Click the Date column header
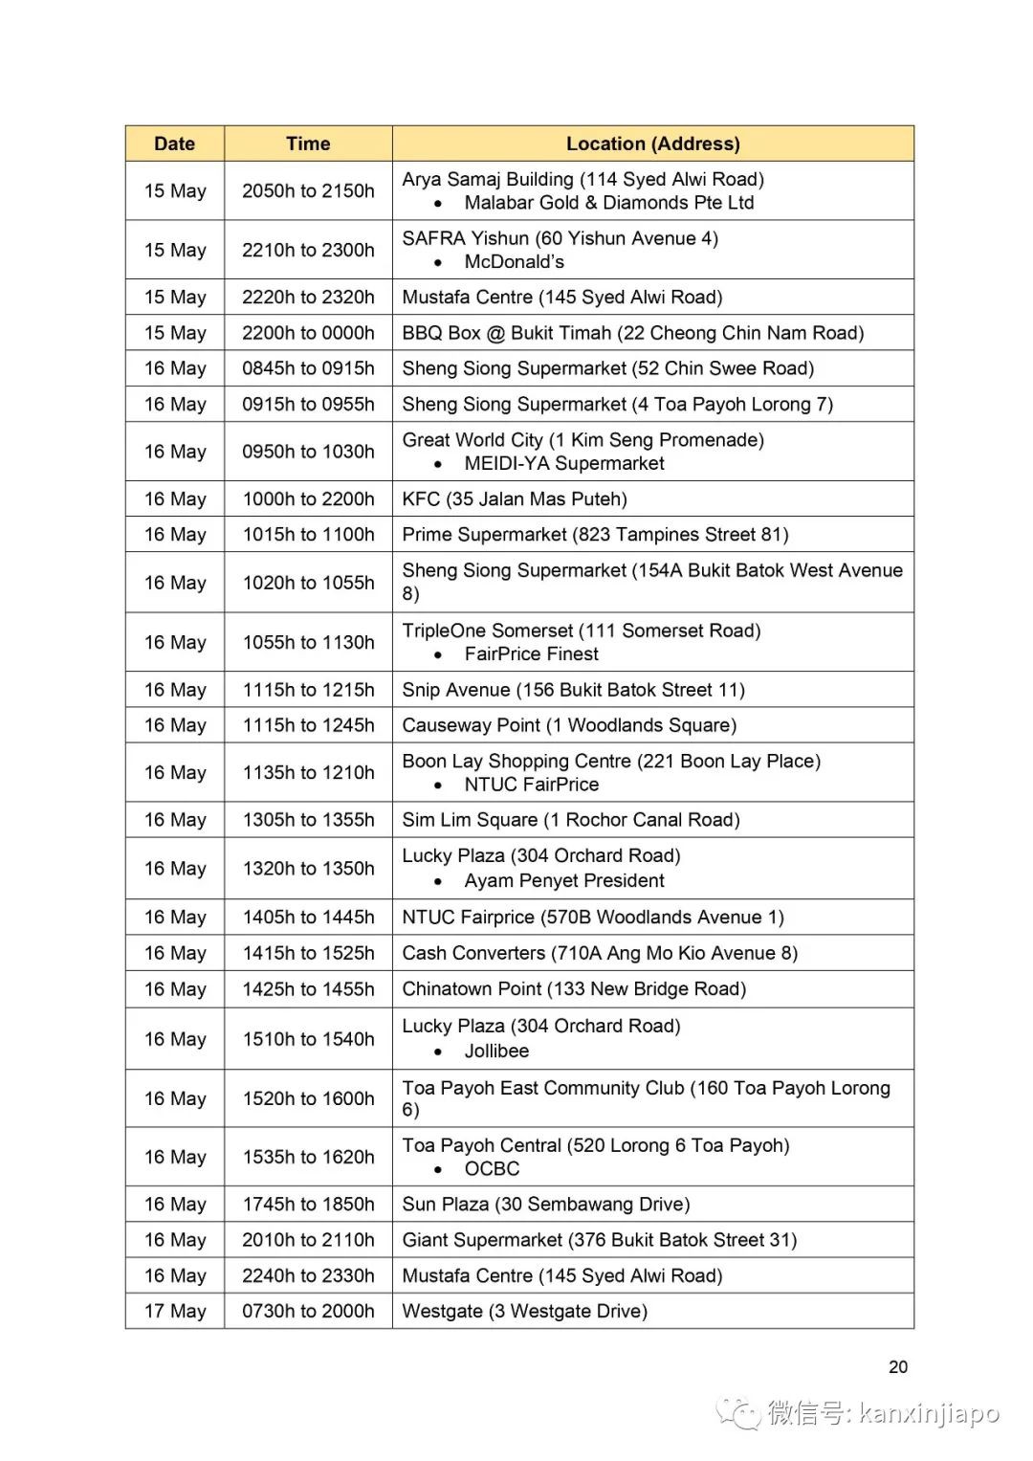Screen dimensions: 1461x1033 tap(174, 144)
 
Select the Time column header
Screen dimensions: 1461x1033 tap(308, 144)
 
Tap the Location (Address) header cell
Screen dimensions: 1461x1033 tap(652, 144)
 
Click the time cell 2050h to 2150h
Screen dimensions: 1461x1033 tap(308, 190)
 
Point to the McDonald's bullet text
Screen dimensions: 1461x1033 tap(514, 261)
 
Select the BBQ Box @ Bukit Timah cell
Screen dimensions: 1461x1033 tap(632, 333)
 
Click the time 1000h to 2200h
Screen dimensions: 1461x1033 tap(308, 498)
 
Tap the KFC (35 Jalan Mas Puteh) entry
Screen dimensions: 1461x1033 tap(515, 498)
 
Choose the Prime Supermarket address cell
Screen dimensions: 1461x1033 tap(595, 534)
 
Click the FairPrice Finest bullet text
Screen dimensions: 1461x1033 tap(531, 653)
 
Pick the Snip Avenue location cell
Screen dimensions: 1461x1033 tap(573, 690)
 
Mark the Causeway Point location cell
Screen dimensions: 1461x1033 tap(569, 725)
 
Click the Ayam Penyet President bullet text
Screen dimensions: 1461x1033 tap(564, 880)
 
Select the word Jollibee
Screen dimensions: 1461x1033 tap(496, 1051)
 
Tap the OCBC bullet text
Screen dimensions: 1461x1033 tap(492, 1168)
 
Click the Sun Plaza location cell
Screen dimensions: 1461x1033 tap(545, 1204)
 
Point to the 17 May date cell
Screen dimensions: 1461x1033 tap(175, 1311)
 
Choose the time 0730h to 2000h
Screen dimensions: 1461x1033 tap(308, 1311)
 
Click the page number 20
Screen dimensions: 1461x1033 tap(897, 1366)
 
